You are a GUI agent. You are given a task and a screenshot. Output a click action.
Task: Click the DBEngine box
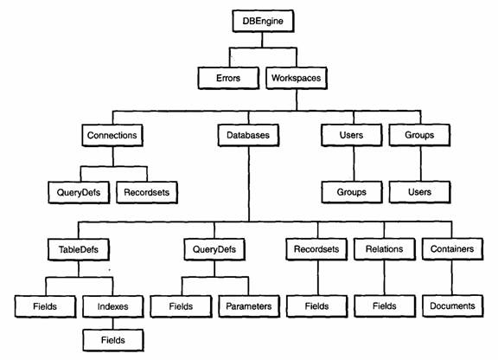[263, 21]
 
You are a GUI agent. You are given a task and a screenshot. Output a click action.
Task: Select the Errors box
[228, 78]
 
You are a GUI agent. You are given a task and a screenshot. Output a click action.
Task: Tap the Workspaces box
[297, 78]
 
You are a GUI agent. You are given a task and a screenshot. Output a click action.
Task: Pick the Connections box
[112, 135]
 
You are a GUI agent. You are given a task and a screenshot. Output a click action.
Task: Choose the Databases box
[248, 135]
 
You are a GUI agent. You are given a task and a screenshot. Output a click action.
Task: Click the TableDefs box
[79, 249]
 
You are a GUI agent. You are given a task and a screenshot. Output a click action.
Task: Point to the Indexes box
[112, 306]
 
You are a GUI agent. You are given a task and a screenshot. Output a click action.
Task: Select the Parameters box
[249, 306]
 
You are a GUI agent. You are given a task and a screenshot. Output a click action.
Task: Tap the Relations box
[384, 249]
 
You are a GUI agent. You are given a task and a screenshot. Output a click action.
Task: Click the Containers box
[452, 249]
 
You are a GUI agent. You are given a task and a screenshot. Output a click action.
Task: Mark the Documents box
[452, 306]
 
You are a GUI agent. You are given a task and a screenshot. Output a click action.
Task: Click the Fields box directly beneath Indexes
[113, 340]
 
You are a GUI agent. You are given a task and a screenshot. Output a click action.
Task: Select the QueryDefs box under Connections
[79, 192]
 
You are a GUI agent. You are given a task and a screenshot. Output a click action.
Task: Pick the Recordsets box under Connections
[147, 192]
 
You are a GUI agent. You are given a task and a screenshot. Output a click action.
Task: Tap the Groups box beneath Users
[352, 192]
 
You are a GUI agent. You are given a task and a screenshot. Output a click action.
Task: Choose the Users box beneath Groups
[419, 192]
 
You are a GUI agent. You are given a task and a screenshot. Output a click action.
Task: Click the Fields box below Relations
[385, 306]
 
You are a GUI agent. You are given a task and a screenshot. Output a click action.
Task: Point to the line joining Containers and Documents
[451, 278]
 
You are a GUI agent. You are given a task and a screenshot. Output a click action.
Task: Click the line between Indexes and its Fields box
[112, 324]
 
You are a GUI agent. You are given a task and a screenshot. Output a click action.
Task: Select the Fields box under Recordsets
[316, 306]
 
